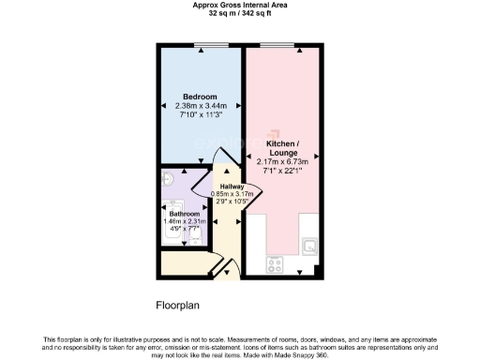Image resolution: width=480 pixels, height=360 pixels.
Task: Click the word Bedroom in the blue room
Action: (200, 97)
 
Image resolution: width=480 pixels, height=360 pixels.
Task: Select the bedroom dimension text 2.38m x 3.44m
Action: (200, 106)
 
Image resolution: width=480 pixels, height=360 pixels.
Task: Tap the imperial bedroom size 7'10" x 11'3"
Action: (200, 114)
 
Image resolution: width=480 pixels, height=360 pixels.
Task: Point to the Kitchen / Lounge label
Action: (282, 148)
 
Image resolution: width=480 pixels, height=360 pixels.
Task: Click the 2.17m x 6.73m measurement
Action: (282, 161)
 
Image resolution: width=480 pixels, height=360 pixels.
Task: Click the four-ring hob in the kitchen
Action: (277, 264)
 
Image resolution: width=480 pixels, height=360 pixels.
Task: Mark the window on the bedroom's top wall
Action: (201, 45)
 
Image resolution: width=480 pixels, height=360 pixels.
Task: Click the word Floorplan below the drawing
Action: (178, 305)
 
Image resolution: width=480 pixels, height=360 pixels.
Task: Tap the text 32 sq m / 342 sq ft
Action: (239, 13)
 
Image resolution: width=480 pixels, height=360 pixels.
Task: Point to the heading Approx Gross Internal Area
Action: (239, 6)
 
